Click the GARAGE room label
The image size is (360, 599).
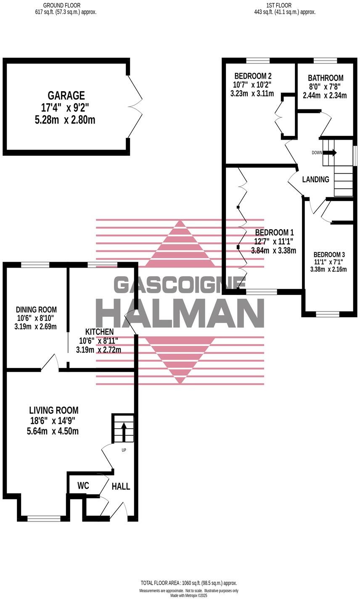[x=66, y=95]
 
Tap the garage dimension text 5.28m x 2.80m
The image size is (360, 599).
[x=65, y=120]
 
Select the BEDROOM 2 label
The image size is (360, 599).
[x=253, y=76]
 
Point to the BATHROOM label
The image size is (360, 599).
[x=326, y=78]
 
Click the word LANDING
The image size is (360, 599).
[x=315, y=180]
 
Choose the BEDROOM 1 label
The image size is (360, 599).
[x=274, y=233]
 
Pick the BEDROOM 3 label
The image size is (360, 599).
[x=329, y=254]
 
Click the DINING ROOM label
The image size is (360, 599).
[x=36, y=310]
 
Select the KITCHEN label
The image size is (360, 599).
[x=99, y=332]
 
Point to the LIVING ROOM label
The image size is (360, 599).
[x=54, y=410]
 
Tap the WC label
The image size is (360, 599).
[x=83, y=486]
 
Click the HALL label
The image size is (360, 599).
[x=121, y=487]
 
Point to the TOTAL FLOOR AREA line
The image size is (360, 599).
[x=189, y=583]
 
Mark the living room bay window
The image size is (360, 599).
[x=45, y=518]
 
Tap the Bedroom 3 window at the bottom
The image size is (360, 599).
[x=328, y=314]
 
